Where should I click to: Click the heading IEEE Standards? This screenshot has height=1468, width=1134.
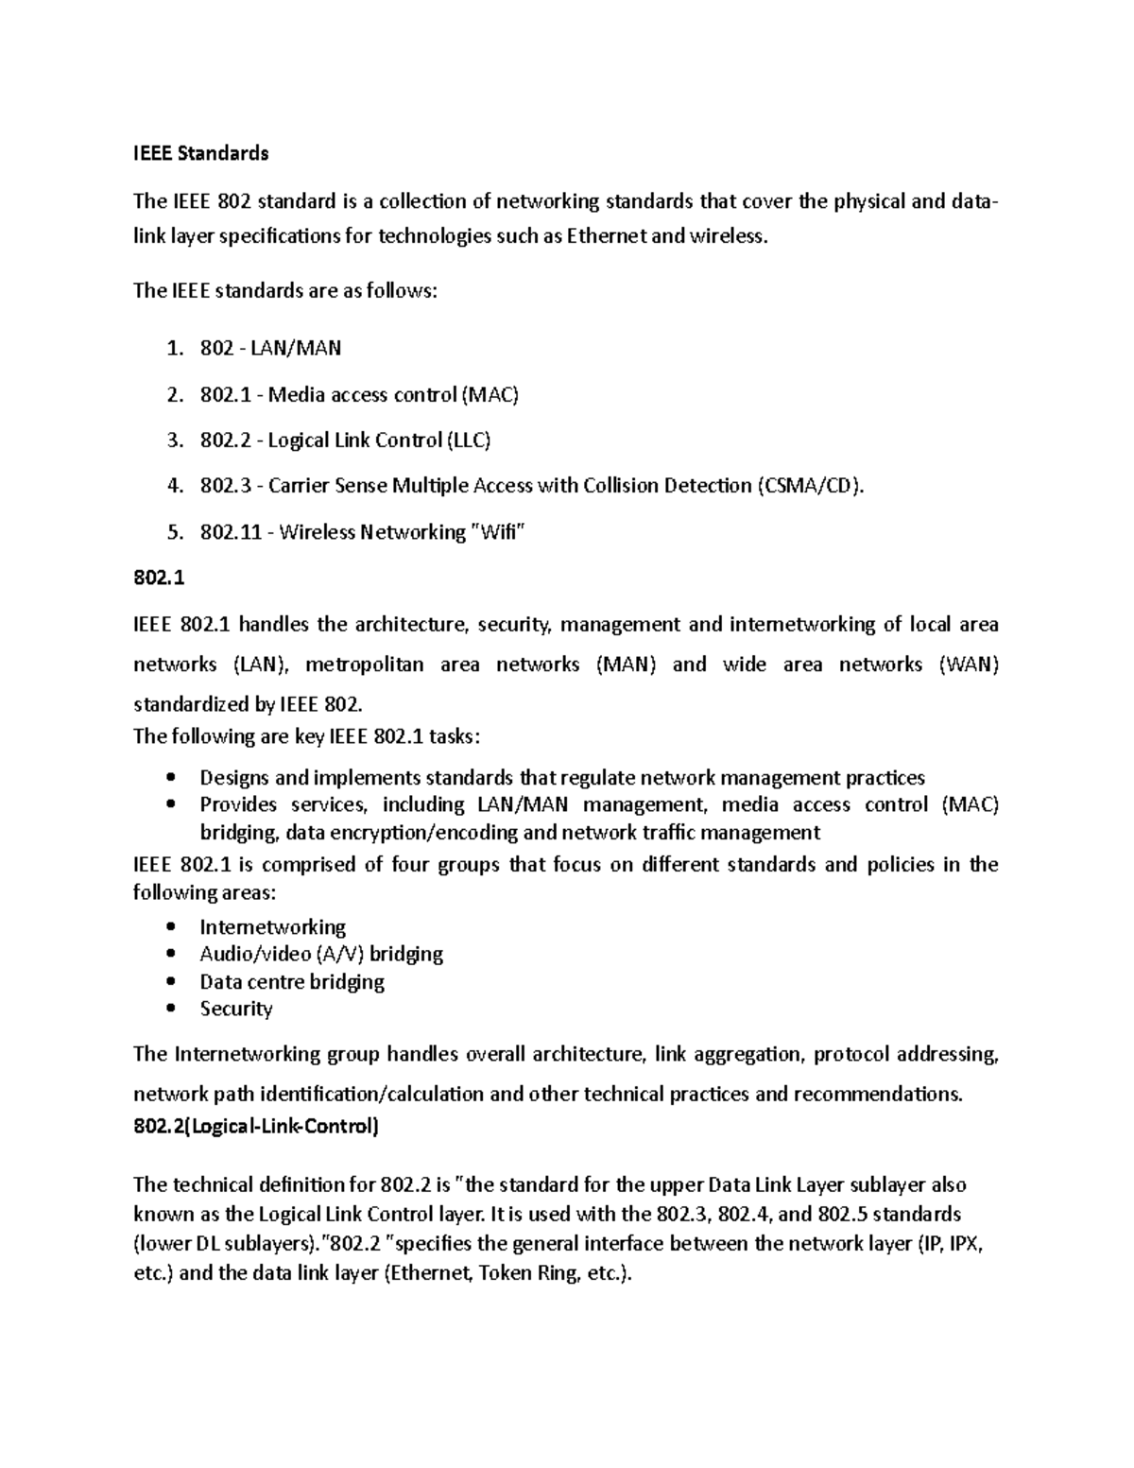(200, 153)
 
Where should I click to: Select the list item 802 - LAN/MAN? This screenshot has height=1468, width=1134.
(270, 348)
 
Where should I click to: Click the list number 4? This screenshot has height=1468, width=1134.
(172, 486)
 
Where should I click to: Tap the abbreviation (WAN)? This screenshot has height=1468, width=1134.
(969, 665)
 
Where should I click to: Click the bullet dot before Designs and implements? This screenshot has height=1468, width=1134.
(170, 778)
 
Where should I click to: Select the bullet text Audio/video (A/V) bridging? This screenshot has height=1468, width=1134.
(321, 954)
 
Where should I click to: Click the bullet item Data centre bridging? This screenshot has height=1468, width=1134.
(292, 981)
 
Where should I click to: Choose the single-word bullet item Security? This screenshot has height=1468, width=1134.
(236, 1009)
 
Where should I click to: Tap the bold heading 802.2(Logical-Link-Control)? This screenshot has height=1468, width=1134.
(256, 1127)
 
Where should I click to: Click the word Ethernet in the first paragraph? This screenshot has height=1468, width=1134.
(606, 236)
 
